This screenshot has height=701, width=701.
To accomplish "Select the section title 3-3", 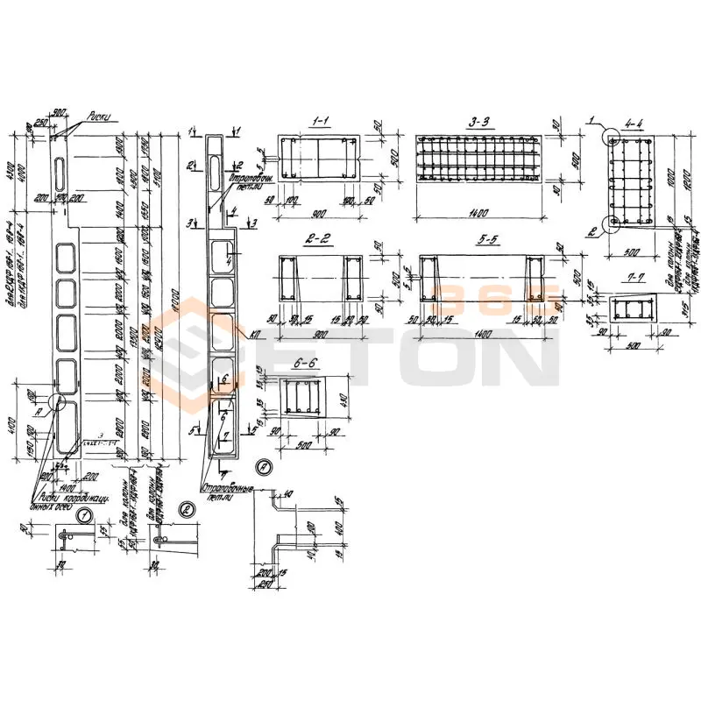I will click(478, 124).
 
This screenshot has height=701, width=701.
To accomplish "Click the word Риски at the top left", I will click(101, 115).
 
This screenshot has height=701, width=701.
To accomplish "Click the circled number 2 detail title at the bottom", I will click(185, 509).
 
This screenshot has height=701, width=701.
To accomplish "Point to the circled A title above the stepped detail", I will click(264, 466).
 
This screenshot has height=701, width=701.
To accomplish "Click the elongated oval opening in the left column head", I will click(59, 171).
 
